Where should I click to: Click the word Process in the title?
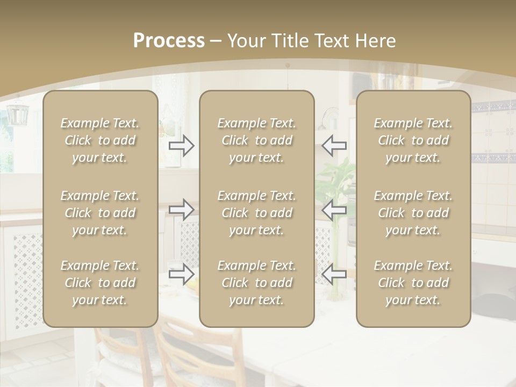point(169,41)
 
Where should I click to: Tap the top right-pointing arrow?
point(182,146)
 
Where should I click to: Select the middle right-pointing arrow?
point(182,209)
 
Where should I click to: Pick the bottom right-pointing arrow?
point(182,274)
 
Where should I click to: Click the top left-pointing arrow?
point(334,146)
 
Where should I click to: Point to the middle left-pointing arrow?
point(334,209)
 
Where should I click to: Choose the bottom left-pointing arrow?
point(334,274)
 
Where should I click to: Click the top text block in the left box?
point(100,140)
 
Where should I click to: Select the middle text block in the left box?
point(100,213)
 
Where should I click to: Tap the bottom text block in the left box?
point(100,283)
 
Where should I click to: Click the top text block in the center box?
point(257,140)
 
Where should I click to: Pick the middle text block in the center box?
point(257,213)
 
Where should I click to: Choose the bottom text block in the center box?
point(257,283)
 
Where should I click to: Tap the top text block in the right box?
point(413,140)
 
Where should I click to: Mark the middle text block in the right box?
point(413,213)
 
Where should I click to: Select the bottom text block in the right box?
point(413,283)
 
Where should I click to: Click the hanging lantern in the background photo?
point(17,113)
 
